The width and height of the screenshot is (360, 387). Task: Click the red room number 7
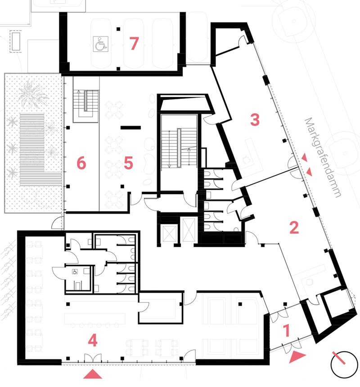pos(134,44)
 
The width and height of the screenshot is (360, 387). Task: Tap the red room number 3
pos(255,120)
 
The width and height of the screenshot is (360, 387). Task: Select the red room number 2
pos(294,227)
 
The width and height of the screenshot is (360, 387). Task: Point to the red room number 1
pos(286,331)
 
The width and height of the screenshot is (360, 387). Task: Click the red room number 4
pos(93,341)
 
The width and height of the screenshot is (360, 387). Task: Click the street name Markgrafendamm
pos(323,157)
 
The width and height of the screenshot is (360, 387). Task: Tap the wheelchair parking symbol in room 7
pos(100,44)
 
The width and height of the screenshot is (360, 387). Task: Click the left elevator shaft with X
pos(170,233)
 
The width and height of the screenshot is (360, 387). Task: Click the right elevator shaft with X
pos(189,229)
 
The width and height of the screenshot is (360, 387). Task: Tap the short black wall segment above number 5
pos(130,128)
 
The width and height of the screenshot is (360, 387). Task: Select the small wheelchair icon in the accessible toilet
pos(75,272)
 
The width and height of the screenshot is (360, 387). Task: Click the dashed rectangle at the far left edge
pos(15,41)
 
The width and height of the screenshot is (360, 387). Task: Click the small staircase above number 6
pos(86,106)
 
